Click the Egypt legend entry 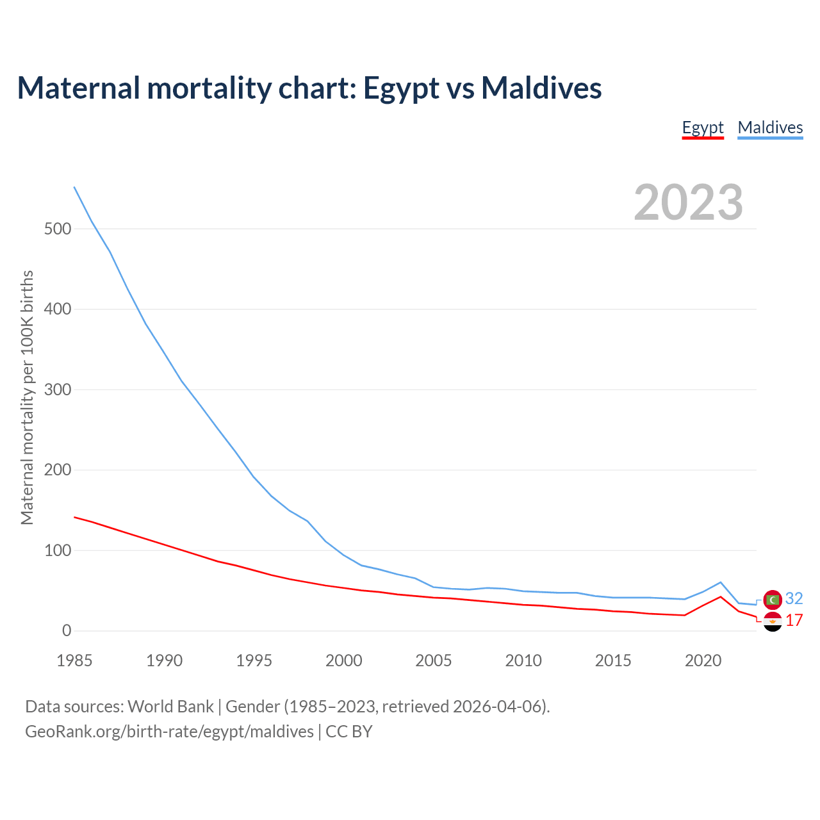click(x=703, y=127)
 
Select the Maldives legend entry click(x=770, y=127)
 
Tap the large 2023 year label click(x=688, y=202)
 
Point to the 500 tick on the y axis click(x=58, y=229)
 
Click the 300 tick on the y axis click(x=58, y=389)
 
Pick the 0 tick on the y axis click(x=67, y=631)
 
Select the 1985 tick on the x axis click(x=74, y=660)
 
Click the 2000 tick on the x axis click(x=344, y=660)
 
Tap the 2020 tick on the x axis click(x=703, y=660)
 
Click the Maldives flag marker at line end click(x=773, y=600)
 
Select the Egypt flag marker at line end click(x=773, y=621)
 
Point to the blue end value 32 click(x=794, y=598)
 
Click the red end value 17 click(x=794, y=620)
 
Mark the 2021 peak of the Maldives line click(x=721, y=582)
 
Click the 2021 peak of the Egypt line click(x=721, y=597)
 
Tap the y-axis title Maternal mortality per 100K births click(x=27, y=397)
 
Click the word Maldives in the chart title click(x=541, y=88)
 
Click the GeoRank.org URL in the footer click(x=169, y=732)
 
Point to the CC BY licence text click(x=349, y=732)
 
